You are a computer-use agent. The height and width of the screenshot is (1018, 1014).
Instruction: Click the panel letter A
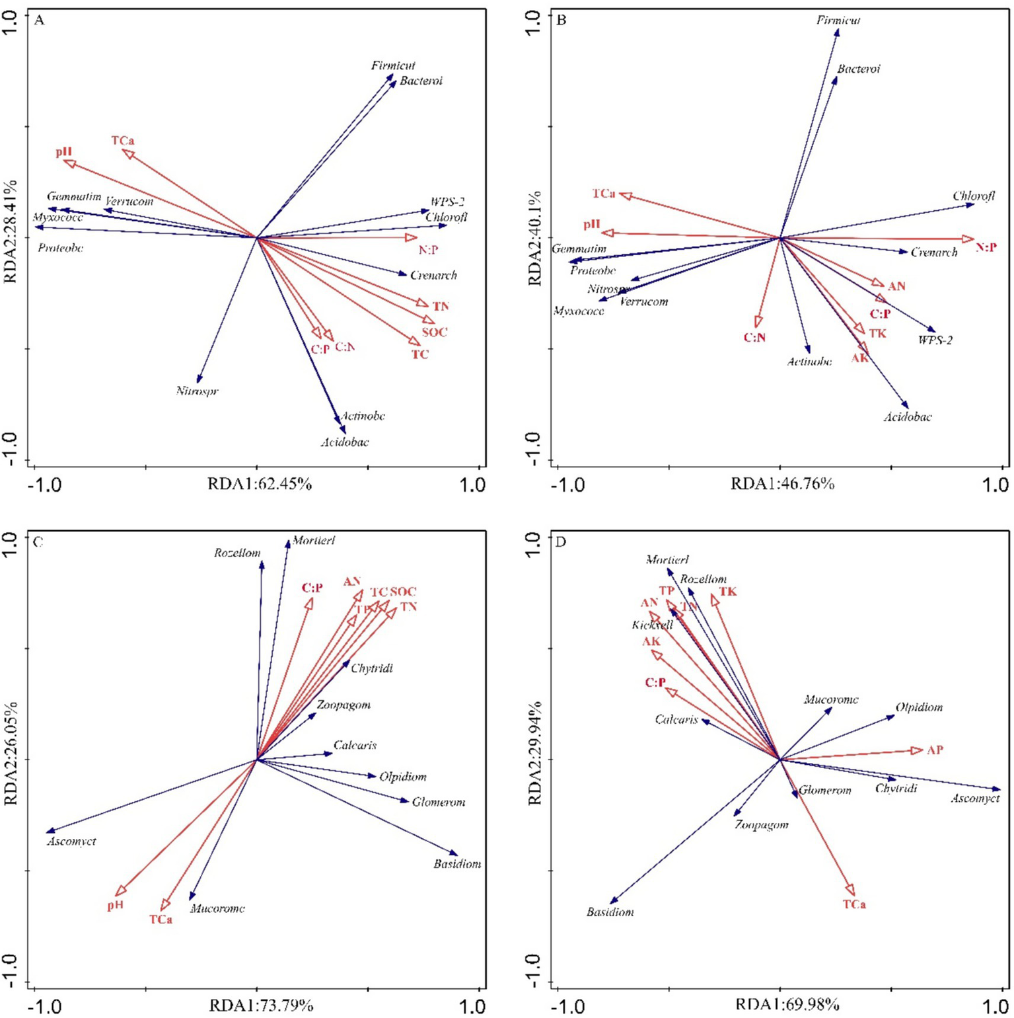tap(39, 20)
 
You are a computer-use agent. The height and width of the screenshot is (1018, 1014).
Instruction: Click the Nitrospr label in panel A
tap(197, 391)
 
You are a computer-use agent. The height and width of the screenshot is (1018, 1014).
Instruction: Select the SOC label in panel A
tap(434, 332)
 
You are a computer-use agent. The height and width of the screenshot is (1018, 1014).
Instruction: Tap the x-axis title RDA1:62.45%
tap(259, 484)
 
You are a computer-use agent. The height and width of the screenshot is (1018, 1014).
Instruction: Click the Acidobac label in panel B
tap(908, 417)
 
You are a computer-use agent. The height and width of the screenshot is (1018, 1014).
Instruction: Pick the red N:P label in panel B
tap(986, 247)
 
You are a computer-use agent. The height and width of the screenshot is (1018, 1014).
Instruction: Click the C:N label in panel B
tap(754, 338)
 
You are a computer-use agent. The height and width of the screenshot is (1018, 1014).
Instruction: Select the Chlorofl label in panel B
tap(973, 196)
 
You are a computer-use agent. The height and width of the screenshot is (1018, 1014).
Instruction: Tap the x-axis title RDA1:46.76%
tap(782, 484)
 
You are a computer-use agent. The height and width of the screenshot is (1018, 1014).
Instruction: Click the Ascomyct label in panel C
tap(71, 842)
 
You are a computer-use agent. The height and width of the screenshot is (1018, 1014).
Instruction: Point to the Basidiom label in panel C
tap(457, 864)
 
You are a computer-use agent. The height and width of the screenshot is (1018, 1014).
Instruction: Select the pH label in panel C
tap(116, 906)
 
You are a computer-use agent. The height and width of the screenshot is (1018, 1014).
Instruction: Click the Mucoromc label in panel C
tap(217, 909)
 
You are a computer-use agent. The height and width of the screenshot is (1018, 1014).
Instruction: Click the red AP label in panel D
tap(935, 750)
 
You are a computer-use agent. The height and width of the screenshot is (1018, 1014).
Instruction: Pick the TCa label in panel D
tap(853, 904)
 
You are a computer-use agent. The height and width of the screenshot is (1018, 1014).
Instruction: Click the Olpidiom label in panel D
tap(918, 707)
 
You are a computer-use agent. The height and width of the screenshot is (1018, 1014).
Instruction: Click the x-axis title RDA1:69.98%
tap(787, 1005)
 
